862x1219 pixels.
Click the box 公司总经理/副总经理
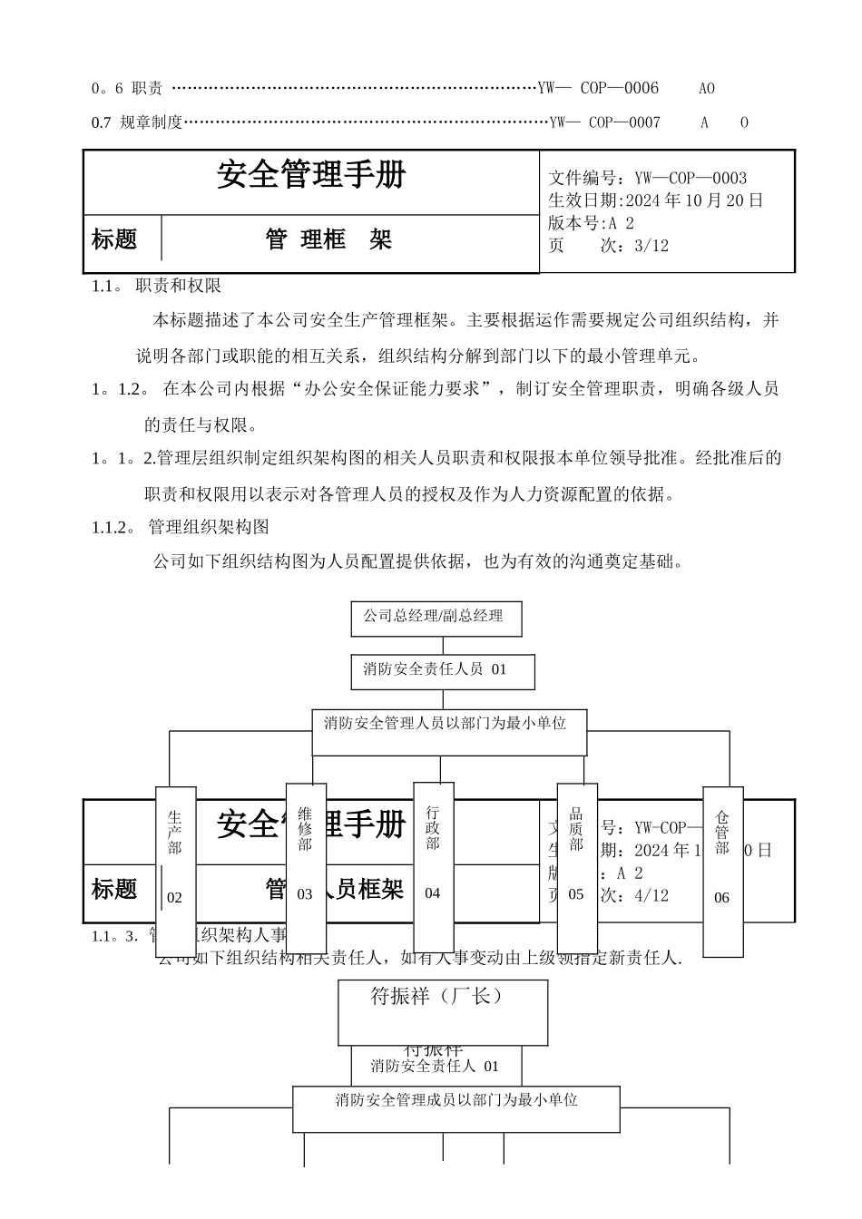pyautogui.click(x=434, y=617)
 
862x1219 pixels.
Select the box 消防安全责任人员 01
pyautogui.click(x=443, y=670)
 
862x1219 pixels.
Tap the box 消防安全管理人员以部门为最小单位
pyautogui.click(x=449, y=731)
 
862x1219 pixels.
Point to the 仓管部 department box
pyautogui.click(x=722, y=871)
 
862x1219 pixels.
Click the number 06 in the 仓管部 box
pyautogui.click(x=721, y=898)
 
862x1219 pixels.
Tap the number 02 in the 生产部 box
pyautogui.click(x=174, y=898)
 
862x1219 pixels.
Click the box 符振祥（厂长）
pyautogui.click(x=443, y=1010)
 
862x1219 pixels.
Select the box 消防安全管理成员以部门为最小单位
pyautogui.click(x=456, y=1107)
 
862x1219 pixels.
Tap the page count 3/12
pyautogui.click(x=649, y=246)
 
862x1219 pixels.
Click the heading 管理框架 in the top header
pyautogui.click(x=328, y=240)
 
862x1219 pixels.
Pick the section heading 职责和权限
pyautogui.click(x=178, y=286)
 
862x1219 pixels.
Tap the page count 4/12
pyautogui.click(x=649, y=896)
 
